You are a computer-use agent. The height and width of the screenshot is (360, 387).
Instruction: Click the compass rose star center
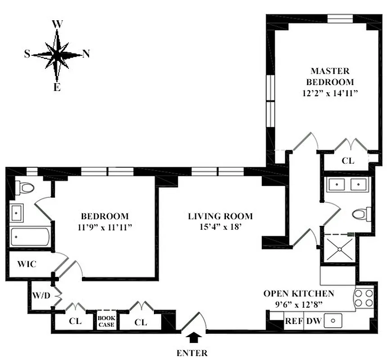[57, 54]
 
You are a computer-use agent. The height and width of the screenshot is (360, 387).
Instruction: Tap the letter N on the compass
[86, 54]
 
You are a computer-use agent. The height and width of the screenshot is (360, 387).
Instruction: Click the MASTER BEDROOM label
[330, 76]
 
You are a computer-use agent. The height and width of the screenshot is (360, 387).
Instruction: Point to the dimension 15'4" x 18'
[220, 227]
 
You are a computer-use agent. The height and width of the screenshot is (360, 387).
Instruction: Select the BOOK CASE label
[106, 321]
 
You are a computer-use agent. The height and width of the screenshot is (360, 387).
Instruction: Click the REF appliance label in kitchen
[293, 321]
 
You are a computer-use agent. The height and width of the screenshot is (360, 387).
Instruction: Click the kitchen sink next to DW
[333, 321]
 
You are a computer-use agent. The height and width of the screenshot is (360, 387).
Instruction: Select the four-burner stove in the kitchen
[364, 298]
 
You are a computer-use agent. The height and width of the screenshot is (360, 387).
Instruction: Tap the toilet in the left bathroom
[25, 188]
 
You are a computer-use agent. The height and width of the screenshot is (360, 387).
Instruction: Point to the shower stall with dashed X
[337, 249]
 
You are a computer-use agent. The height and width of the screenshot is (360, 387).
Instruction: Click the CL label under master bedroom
[347, 160]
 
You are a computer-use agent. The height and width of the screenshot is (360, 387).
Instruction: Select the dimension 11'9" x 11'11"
[104, 227]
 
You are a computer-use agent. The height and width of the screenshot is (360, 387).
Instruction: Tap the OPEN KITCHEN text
[298, 293]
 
